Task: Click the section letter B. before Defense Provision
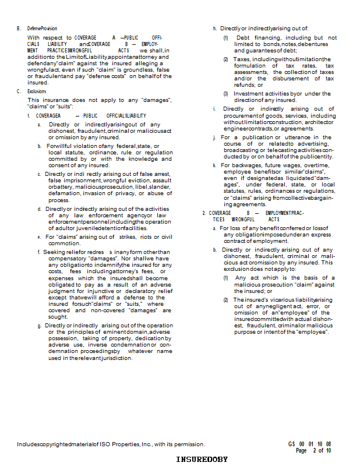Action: click(19, 28)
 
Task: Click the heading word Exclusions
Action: click(37, 91)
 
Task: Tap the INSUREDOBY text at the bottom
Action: click(202, 460)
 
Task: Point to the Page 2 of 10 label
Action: click(313, 450)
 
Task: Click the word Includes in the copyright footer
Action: click(28, 444)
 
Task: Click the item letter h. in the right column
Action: click(214, 28)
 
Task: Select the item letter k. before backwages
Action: click(214, 165)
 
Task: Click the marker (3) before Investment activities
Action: click(226, 94)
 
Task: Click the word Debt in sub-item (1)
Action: click(243, 38)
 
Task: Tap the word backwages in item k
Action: click(245, 165)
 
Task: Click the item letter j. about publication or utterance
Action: click(214, 137)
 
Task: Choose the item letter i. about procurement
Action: click(214, 109)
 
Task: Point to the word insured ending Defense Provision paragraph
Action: click(38, 83)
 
